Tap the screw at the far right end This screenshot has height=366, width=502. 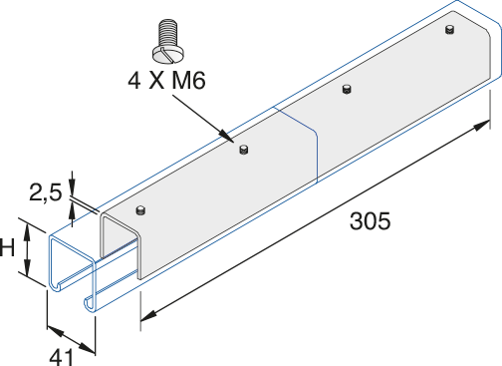pos(449,31)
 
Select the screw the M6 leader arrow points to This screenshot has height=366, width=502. pos(242,151)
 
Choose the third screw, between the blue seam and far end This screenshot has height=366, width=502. pos(346,90)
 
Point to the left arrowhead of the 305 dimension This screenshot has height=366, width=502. pos(146,318)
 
